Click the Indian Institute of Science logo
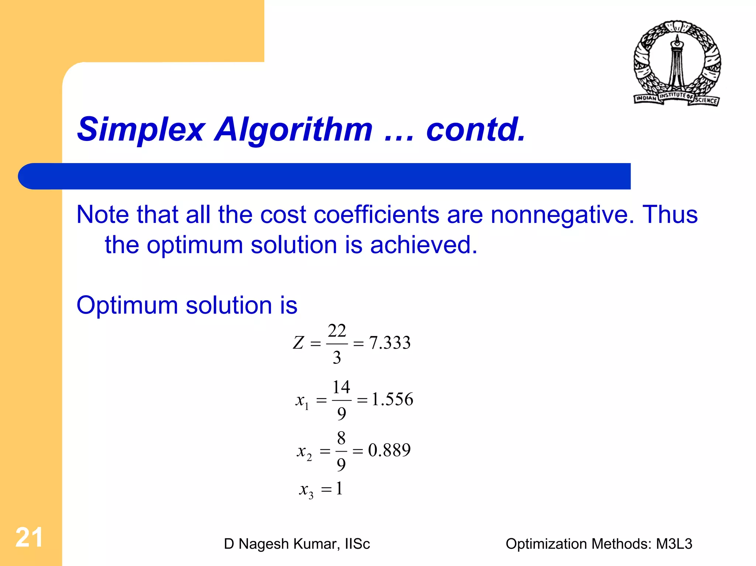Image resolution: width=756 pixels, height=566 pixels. click(x=677, y=63)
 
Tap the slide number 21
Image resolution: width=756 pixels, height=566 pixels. click(x=29, y=538)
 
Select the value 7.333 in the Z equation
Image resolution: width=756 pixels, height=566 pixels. click(x=390, y=343)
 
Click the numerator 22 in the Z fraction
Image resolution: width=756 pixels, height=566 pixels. click(x=337, y=331)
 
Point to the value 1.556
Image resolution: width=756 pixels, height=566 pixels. click(x=392, y=399)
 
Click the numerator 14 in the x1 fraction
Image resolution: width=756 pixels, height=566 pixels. click(x=341, y=387)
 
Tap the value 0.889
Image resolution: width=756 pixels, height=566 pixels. click(x=389, y=450)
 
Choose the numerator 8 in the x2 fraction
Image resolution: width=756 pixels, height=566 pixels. click(x=341, y=438)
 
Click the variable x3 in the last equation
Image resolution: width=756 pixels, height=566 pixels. click(x=306, y=490)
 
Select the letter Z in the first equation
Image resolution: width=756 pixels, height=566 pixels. click(x=298, y=343)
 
